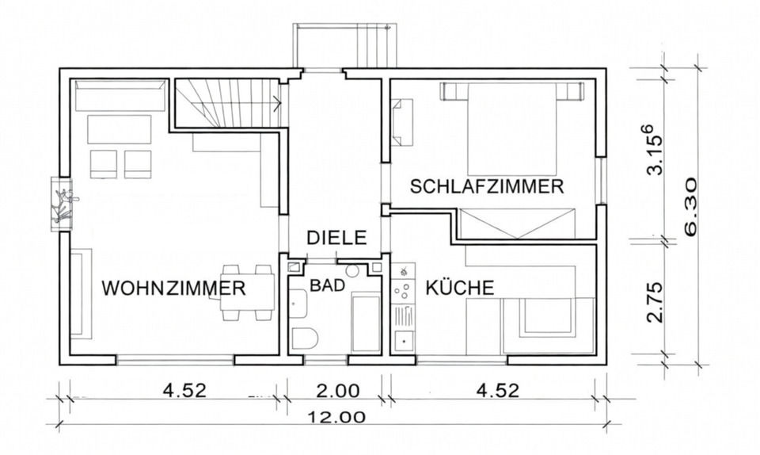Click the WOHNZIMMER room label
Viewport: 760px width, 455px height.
(173, 288)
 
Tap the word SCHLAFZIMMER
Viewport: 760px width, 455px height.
(486, 187)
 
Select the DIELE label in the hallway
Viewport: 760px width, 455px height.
(336, 237)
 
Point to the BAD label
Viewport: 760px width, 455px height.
(327, 285)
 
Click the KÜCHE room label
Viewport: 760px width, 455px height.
(460, 288)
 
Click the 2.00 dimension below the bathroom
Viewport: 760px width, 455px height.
(338, 390)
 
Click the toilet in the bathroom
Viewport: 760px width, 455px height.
(303, 337)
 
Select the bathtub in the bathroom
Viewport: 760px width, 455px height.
(365, 321)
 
